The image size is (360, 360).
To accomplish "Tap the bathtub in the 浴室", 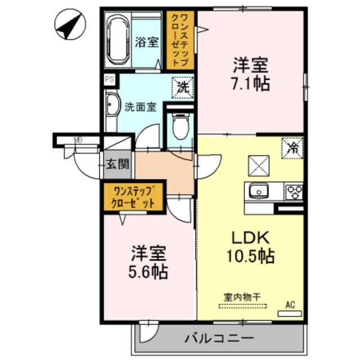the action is coord(119,40).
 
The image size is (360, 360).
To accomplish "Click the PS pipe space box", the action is coord(110,79).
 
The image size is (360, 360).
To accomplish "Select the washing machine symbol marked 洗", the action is coord(183,88).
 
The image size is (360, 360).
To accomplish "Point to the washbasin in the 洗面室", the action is coord(113,105).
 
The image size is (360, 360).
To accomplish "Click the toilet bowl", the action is coord(181,127).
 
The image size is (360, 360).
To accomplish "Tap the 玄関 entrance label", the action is coord(118,164).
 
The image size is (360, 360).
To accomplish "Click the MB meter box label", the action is coord(78,140).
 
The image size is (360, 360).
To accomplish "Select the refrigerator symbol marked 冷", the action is coord(292,148).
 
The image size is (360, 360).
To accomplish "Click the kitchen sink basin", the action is coord(259,191).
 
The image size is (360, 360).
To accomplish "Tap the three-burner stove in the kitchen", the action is coord(294,192).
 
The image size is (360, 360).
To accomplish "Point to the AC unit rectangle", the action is coord(290,314).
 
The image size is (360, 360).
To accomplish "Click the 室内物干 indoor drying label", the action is coord(242,298).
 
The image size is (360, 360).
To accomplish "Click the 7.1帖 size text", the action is coord(250,84).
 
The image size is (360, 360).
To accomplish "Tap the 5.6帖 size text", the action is coord(148,272).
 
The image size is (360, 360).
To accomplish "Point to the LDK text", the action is coord(250,238).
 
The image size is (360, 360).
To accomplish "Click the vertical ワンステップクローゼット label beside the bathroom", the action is coord(181,40).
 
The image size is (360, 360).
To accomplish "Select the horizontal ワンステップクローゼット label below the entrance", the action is coord(133,197).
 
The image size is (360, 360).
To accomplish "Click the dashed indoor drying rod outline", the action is coord(242,306).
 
